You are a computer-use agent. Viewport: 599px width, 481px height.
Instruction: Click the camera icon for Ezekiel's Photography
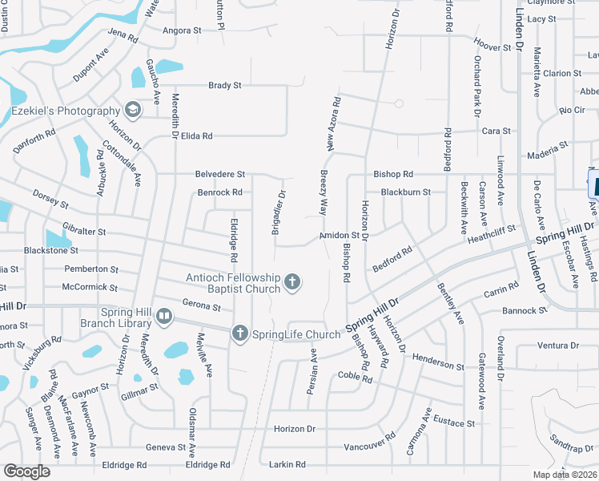(132, 111)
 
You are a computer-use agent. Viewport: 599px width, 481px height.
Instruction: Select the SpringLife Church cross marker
(239, 333)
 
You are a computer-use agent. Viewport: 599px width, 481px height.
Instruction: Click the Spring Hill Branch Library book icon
(163, 317)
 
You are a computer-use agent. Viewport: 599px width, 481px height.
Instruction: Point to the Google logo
(26, 471)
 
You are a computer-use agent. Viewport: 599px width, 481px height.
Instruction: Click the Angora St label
(182, 30)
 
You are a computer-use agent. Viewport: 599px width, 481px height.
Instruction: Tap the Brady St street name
(224, 85)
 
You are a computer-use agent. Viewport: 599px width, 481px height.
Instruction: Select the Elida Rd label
(196, 136)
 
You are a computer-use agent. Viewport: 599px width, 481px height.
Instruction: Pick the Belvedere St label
(219, 174)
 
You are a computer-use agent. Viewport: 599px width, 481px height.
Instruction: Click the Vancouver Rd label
(368, 443)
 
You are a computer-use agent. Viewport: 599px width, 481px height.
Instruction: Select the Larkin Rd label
(288, 464)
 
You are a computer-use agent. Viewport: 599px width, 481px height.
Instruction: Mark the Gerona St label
(201, 305)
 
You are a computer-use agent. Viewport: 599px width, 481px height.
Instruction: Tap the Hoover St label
(492, 48)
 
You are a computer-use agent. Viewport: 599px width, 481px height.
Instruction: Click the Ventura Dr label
(558, 346)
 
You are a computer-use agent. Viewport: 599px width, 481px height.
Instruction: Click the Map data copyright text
(565, 474)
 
